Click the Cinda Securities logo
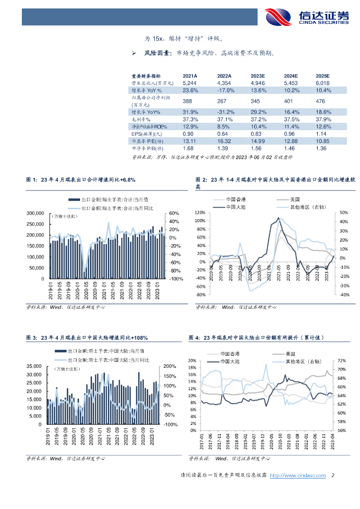pos(306,16)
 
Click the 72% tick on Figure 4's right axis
pos(342,360)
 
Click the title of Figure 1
pos(80,179)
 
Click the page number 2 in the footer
pos(333,476)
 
